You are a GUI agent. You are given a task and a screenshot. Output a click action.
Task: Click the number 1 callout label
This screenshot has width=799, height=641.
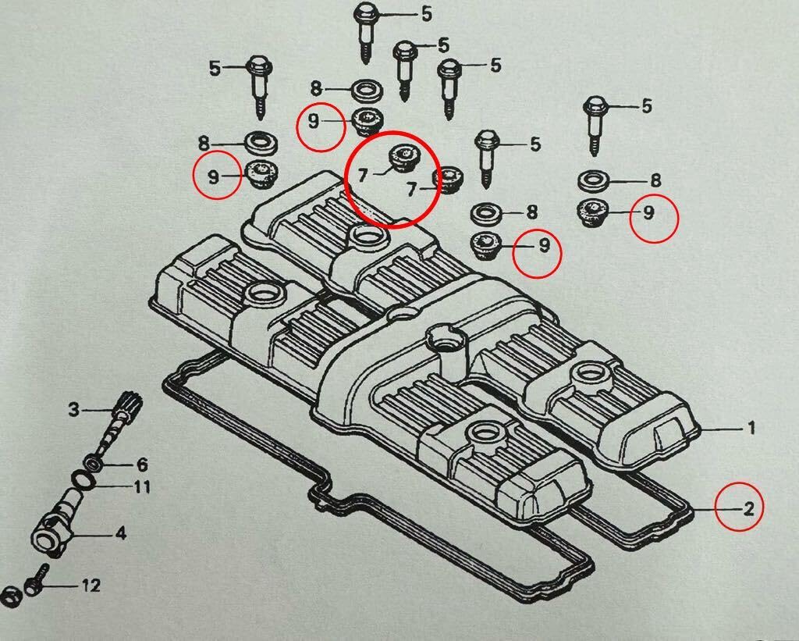(x=751, y=428)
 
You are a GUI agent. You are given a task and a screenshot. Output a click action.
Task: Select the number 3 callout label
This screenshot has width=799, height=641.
(x=73, y=409)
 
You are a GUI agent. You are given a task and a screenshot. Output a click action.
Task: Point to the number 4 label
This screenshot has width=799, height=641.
(x=120, y=534)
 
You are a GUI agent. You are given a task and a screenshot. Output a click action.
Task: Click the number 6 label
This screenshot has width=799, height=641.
(x=142, y=464)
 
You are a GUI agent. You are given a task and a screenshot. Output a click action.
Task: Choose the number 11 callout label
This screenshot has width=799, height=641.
(x=141, y=489)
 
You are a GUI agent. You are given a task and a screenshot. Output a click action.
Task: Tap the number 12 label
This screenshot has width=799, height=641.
(x=91, y=585)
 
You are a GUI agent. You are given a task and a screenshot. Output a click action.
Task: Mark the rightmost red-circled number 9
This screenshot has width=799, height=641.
(x=649, y=212)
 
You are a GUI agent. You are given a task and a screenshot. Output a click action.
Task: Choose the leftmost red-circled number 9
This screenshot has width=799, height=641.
(x=213, y=176)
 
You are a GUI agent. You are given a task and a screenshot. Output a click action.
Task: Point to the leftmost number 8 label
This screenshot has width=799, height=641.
(x=204, y=143)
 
